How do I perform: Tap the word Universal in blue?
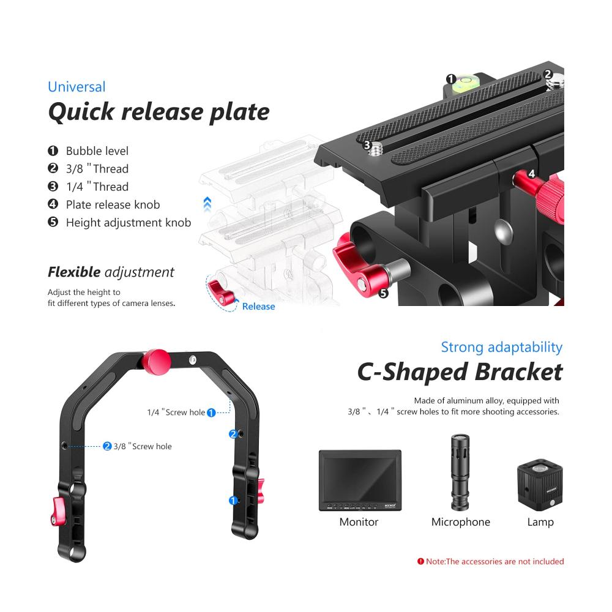[x=76, y=87]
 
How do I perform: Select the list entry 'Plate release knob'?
[x=113, y=204]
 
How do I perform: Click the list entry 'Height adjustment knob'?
[x=128, y=223]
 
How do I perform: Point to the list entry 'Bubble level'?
[x=97, y=151]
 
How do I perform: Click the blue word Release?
[x=258, y=306]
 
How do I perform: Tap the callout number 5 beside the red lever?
[x=384, y=293]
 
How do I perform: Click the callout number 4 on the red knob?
[x=531, y=174]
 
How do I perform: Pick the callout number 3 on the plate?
[x=367, y=145]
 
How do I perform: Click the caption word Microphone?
[x=460, y=522]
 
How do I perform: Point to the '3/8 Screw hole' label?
[x=142, y=446]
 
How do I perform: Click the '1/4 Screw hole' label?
[x=176, y=412]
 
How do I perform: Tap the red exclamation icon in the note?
[x=420, y=561]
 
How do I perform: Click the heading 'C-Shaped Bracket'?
[x=460, y=371]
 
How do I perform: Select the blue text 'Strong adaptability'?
[x=501, y=347]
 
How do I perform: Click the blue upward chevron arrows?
[x=207, y=203]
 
